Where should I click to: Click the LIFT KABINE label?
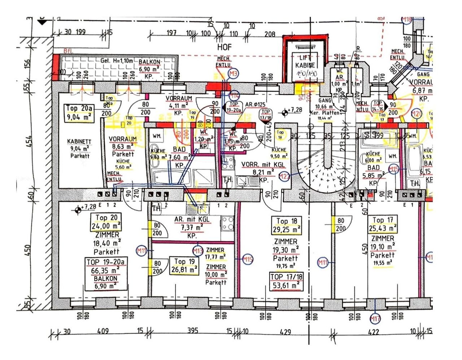coord(305,62)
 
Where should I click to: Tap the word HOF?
coord(224,47)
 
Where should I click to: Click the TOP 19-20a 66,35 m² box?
coord(106,273)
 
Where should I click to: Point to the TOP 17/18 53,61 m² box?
coord(286,281)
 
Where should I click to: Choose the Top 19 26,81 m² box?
coord(184,265)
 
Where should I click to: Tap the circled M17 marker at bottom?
coord(375,319)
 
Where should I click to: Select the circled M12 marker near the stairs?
coord(284,176)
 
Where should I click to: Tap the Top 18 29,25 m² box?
coord(286,225)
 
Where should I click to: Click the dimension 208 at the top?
coord(270,34)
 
